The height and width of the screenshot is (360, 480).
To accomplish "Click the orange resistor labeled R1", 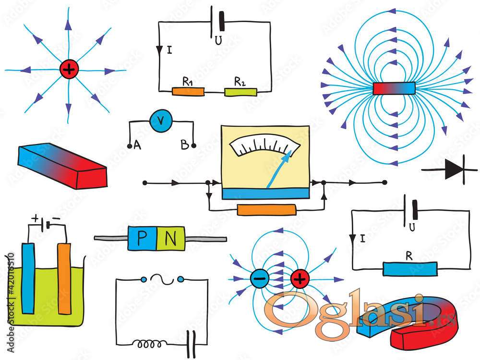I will click(188, 91).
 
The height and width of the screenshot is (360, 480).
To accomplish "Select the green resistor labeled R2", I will click(240, 91).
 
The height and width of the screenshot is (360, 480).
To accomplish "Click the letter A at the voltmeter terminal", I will click(137, 144).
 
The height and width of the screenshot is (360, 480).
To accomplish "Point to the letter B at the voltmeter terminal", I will click(185, 144).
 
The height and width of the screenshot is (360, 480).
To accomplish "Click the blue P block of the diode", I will click(142, 239).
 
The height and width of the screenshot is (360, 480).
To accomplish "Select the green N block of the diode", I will click(170, 239).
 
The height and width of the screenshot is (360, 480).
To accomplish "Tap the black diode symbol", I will click(452, 169).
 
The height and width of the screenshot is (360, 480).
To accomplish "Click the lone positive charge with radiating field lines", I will click(69, 70).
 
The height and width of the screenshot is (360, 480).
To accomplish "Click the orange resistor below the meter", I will click(267, 210).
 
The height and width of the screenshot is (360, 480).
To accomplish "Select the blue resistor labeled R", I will click(410, 269).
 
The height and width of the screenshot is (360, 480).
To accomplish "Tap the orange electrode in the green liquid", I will click(64, 278).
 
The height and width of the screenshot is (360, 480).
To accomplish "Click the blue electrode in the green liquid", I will click(28, 278).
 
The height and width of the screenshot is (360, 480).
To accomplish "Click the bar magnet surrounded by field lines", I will click(394, 88).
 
